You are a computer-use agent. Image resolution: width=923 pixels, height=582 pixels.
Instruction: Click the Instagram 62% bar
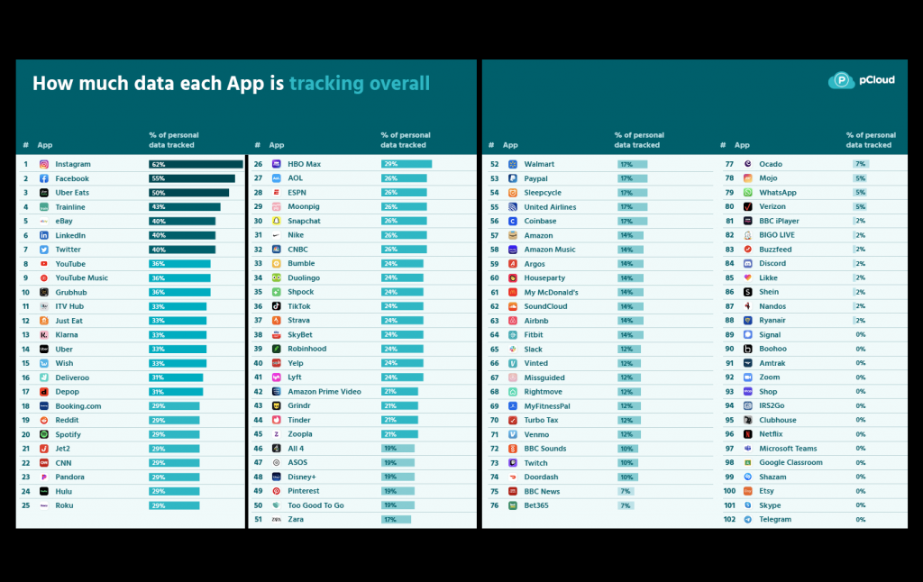point(196,164)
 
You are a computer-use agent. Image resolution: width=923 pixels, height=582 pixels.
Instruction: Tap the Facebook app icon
point(44,178)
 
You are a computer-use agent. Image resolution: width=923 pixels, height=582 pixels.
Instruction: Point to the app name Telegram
point(775,519)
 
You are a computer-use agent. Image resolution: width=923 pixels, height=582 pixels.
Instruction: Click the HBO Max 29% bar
point(407,164)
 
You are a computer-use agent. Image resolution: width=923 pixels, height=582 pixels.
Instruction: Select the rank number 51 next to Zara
point(258,519)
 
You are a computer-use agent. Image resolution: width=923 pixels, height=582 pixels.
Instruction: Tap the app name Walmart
point(539,164)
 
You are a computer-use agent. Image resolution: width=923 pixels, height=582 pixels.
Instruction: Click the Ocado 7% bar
point(861,164)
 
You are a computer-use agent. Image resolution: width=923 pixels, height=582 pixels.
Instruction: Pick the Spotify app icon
point(44,434)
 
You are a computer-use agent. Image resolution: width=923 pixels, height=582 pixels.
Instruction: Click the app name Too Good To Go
point(315,505)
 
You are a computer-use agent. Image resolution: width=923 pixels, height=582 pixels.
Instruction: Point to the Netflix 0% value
point(861,434)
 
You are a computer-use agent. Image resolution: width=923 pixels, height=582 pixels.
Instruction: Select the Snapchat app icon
point(277,221)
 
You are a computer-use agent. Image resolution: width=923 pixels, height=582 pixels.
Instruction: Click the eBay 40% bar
point(182,221)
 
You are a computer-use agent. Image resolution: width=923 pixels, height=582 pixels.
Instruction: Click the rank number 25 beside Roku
point(26,505)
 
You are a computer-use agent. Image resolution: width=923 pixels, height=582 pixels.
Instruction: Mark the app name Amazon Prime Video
point(324,391)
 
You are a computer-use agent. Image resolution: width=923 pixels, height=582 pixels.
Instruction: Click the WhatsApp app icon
point(748,192)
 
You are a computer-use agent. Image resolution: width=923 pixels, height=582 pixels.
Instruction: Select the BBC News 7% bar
point(624,491)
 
